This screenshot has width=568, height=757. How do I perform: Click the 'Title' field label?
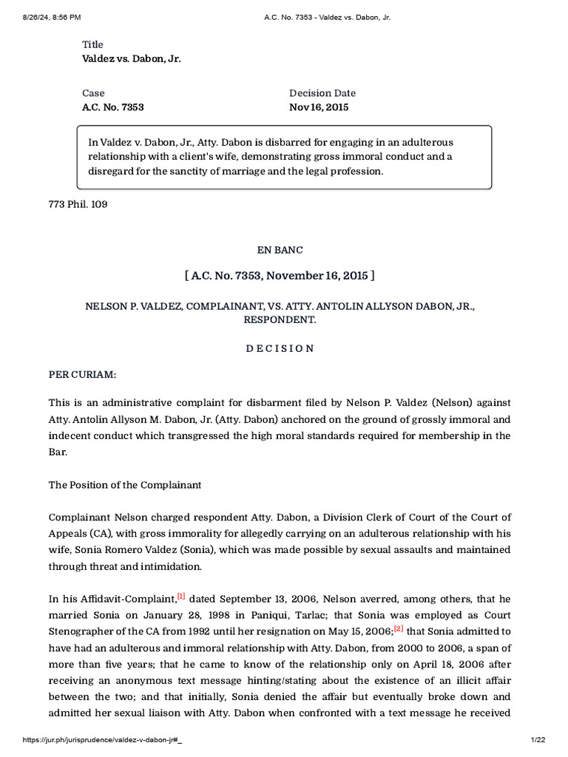click(92, 44)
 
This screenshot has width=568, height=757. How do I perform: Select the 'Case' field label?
click(93, 93)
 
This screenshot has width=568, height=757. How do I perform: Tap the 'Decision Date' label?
click(322, 93)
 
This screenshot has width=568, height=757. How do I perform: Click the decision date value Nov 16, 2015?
click(319, 107)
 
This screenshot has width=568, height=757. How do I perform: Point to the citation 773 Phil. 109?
click(78, 204)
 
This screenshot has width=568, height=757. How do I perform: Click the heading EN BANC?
click(280, 250)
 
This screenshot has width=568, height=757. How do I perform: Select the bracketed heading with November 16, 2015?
click(280, 276)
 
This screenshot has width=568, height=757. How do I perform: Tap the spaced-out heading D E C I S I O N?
click(280, 348)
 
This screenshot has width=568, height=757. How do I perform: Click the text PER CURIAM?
click(82, 375)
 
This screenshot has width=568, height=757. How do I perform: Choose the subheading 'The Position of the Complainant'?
click(125, 485)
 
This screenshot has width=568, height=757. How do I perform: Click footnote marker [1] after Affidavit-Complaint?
click(181, 595)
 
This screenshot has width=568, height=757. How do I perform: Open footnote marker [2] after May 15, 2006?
click(399, 628)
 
